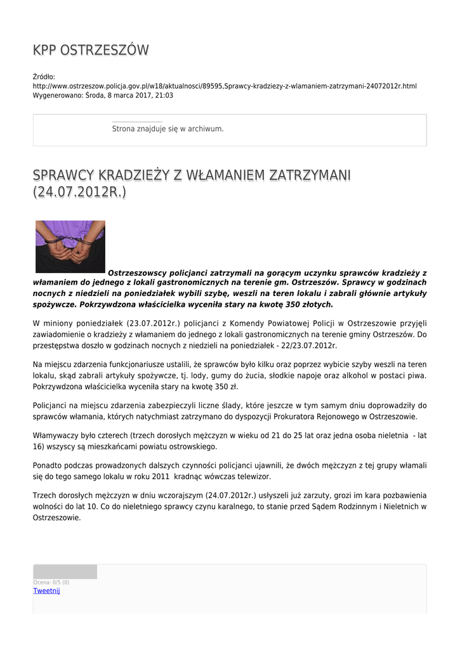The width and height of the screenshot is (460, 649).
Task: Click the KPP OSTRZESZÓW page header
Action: (x=91, y=50)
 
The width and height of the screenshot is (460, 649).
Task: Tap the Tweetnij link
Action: (x=46, y=591)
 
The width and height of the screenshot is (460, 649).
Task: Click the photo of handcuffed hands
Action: (x=70, y=247)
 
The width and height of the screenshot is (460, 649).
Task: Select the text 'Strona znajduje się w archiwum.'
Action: (x=168, y=129)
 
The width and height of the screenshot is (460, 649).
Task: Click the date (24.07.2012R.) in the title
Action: (x=79, y=191)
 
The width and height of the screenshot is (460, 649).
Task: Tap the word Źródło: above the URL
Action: (x=44, y=77)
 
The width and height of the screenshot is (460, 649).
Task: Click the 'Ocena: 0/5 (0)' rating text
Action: (x=51, y=582)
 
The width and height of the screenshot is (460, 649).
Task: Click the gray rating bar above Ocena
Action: (x=65, y=572)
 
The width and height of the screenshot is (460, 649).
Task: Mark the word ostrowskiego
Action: (x=173, y=447)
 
